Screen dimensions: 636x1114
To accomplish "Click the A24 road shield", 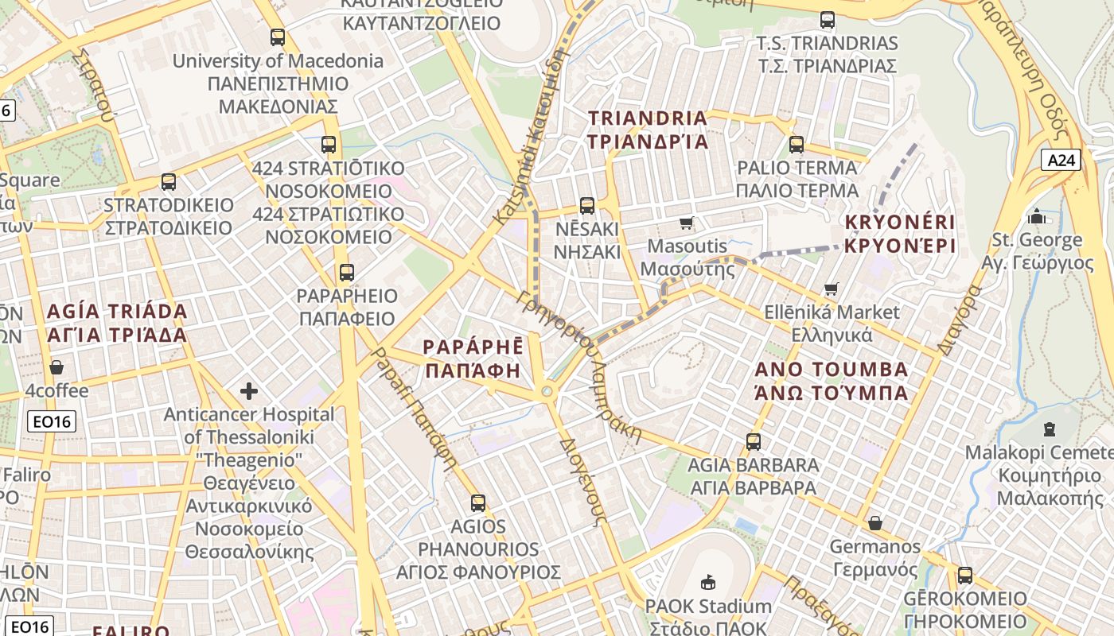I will click(1061, 161).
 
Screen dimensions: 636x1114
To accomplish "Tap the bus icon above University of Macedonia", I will click(277, 37).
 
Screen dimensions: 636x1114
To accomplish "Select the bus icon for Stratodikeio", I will click(169, 182).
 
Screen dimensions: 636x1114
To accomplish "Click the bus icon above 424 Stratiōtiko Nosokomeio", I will click(329, 145).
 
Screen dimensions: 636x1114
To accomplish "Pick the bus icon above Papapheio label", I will click(346, 273).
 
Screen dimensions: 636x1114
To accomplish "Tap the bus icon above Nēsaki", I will click(587, 206).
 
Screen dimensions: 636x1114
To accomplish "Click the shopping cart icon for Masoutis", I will click(686, 223).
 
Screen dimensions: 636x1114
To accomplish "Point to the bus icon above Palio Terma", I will click(797, 145).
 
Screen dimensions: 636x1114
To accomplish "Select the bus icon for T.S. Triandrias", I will click(828, 20).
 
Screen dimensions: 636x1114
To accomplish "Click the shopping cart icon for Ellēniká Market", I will click(832, 289).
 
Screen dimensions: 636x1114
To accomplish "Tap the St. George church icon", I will click(1037, 216).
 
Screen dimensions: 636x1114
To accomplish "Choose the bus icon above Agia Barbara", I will click(753, 441).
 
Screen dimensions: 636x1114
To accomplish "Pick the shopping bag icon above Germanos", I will click(874, 523).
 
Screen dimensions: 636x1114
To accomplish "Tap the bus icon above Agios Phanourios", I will click(477, 502).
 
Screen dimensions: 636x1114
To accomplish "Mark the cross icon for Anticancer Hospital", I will click(249, 391).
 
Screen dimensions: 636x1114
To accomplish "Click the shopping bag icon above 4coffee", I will click(56, 367).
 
